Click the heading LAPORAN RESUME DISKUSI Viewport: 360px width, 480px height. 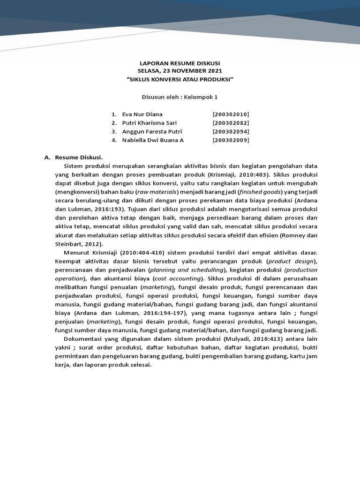(x=180, y=63)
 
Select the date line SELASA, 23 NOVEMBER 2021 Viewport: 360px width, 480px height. (x=180, y=71)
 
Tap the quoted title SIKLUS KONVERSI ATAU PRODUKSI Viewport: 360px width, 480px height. (x=180, y=79)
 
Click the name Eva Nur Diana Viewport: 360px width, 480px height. (x=142, y=114)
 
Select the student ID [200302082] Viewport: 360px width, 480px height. (x=231, y=123)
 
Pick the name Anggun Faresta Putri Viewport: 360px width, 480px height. (x=152, y=131)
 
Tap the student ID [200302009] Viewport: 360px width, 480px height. (x=231, y=140)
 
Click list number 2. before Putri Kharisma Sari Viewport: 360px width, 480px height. (x=114, y=123)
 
